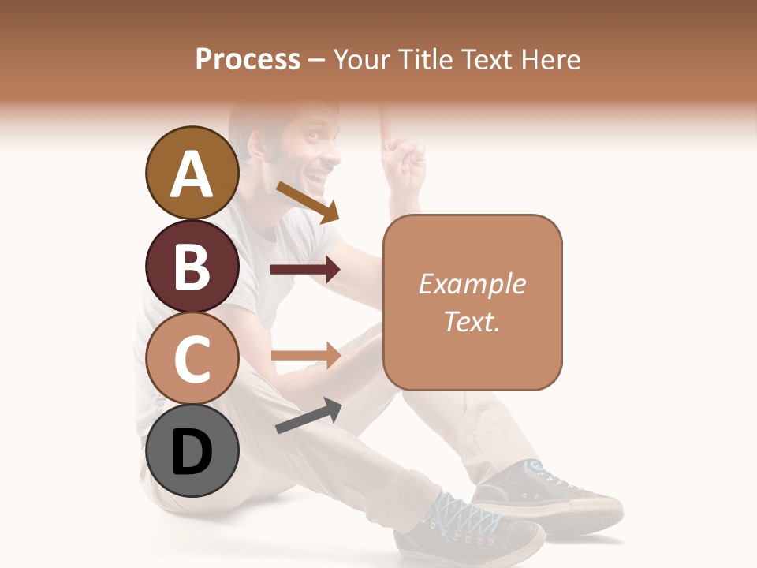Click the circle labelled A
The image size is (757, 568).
pyautogui.click(x=192, y=174)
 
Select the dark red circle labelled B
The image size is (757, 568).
pyautogui.click(x=192, y=267)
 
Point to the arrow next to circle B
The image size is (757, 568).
pyautogui.click(x=305, y=270)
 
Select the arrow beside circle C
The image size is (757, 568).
pyautogui.click(x=305, y=355)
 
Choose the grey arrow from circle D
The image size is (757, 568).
pyautogui.click(x=308, y=416)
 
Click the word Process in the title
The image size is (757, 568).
pyautogui.click(x=248, y=60)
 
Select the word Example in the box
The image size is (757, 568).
pyautogui.click(x=472, y=284)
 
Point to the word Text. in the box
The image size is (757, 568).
pyautogui.click(x=472, y=321)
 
